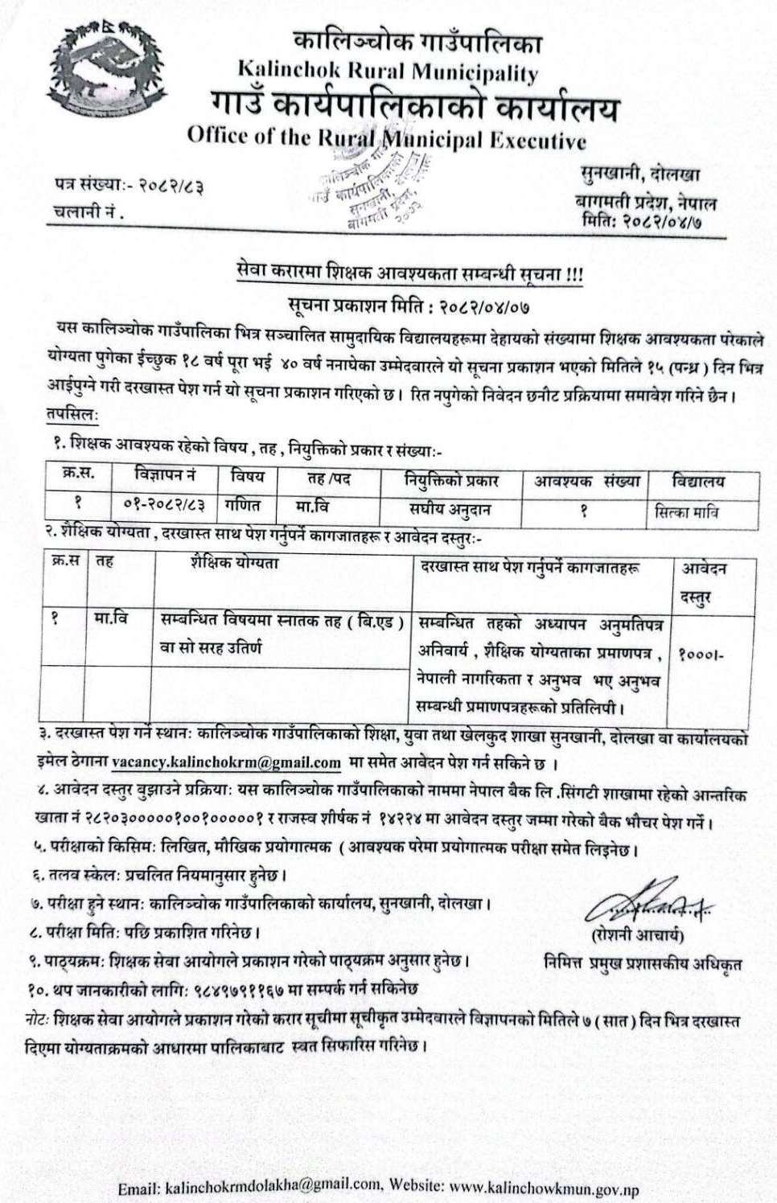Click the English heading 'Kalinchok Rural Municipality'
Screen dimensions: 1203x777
(x=388, y=72)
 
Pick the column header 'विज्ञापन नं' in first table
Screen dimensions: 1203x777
(x=165, y=477)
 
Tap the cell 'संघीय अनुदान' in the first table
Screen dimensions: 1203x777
(x=450, y=508)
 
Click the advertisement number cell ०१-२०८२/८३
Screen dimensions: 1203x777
(x=165, y=506)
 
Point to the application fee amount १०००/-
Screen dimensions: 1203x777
(x=701, y=654)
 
